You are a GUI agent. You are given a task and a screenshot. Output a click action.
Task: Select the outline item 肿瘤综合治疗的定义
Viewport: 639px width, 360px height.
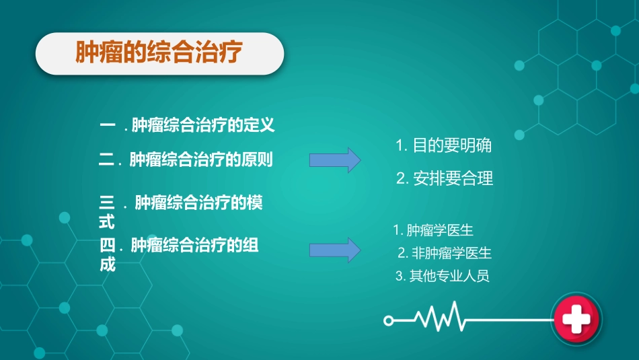pos(203,125)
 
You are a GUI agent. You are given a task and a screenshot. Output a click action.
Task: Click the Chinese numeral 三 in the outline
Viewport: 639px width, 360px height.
pos(106,203)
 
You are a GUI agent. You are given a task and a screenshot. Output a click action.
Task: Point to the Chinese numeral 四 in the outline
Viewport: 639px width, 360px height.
pos(107,246)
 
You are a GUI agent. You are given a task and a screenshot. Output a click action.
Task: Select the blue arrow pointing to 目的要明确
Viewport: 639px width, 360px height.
pos(334,160)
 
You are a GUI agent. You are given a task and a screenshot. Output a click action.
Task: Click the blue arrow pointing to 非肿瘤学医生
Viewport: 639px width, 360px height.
pos(334,250)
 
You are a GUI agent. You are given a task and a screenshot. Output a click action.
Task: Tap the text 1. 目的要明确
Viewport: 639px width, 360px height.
pos(443,146)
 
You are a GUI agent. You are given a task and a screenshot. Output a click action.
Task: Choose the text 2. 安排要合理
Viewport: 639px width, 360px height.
pos(445,178)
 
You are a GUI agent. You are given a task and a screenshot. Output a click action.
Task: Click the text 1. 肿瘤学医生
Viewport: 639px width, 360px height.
pos(433,231)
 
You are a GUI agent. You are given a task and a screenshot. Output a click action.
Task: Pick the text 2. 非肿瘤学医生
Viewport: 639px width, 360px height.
pos(445,254)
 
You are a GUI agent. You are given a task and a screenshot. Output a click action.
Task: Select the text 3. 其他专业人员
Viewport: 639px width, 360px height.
pos(442,276)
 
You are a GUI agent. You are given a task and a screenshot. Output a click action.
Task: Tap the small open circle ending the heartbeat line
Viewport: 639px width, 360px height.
pos(388,321)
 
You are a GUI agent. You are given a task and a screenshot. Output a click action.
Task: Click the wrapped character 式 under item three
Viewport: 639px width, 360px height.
pos(106,221)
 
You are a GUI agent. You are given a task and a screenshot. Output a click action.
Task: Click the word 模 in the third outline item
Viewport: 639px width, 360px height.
pos(254,203)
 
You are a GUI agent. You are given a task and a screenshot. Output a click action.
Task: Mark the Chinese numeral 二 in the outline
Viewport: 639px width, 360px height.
pos(107,160)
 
